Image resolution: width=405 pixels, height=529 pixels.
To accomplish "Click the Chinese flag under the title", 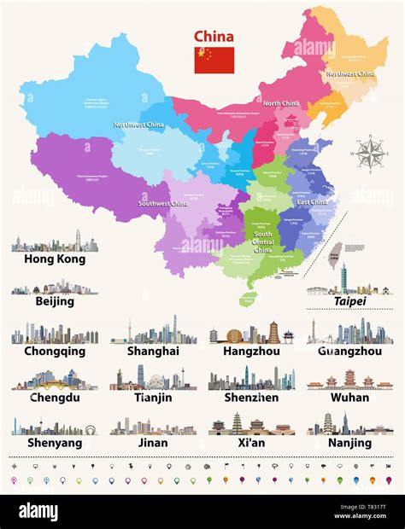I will point(214,60).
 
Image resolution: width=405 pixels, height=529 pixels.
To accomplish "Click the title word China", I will point(214,36).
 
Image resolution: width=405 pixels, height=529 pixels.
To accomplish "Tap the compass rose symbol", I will point(370,154).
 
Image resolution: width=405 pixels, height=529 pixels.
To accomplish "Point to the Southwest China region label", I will point(163,204).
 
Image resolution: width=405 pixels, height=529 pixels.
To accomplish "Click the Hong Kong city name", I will point(54,259).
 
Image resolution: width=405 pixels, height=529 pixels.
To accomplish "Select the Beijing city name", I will point(54,301).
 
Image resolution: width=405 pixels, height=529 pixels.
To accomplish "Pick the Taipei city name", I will point(349,301).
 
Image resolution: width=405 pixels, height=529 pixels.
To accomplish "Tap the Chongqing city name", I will point(54,351).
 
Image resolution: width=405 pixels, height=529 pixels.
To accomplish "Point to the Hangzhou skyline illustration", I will point(251,332).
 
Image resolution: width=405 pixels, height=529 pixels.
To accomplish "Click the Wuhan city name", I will point(349,397).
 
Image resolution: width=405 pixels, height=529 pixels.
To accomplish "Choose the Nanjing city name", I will point(349,443).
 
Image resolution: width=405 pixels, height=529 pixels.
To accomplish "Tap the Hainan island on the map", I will point(247,299).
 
